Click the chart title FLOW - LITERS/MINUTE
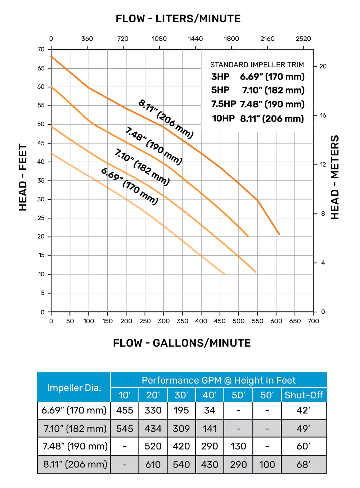pos(178,19)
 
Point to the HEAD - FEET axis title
pos(23,177)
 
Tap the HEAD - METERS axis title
pos(335,177)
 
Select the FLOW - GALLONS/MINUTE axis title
pos(182,343)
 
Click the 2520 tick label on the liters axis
pos(303,39)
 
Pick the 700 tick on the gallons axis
pos(313,321)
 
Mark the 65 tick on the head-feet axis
pos(41,68)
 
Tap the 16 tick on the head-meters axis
pos(323,116)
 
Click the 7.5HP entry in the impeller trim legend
pos(224,104)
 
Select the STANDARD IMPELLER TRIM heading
pos(257,65)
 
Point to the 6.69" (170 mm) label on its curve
pos(130,186)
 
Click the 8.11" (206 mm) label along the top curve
pos(166,119)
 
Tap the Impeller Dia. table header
pos(74,388)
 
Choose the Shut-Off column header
pos(304,395)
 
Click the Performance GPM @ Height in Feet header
pos(219,380)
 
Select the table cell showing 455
pos(125,410)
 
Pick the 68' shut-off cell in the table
pos(304,464)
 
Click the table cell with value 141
pos(210,429)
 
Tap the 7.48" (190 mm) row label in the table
pos(75,446)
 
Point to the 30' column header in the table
pos(181,395)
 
